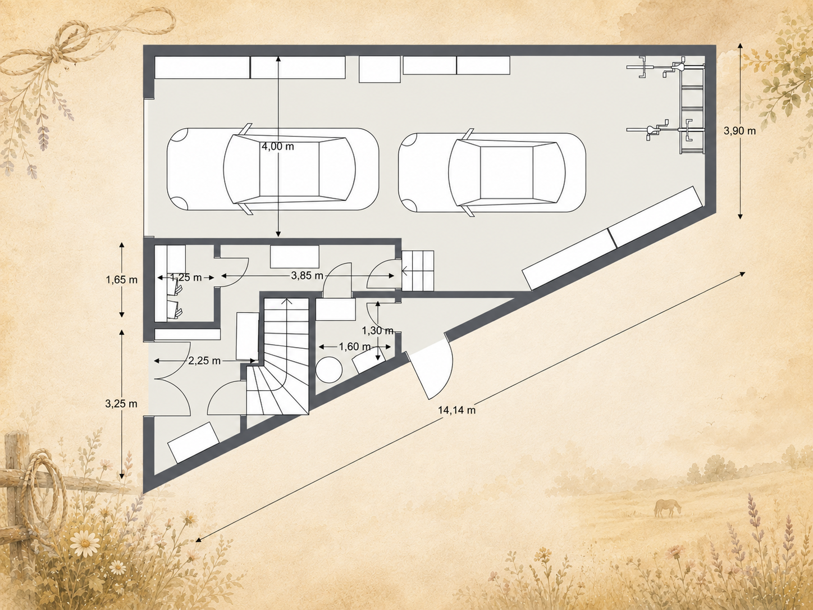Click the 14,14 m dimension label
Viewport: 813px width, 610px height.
point(456,410)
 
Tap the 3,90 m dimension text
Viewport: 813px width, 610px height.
point(739,130)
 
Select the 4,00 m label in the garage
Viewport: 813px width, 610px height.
point(278,146)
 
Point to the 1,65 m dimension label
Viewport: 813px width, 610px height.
point(121,280)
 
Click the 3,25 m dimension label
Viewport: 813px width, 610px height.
point(121,403)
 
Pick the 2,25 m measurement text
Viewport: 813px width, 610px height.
point(204,361)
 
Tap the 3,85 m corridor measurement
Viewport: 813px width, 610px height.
point(307,276)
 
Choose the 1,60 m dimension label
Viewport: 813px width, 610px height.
point(355,347)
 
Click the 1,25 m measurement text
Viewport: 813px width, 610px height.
point(186,277)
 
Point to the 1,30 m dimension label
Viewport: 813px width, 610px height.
point(378,330)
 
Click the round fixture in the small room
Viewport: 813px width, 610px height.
point(329,370)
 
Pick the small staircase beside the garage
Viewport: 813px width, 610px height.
point(418,270)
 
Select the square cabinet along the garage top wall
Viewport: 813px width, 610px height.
point(380,69)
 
